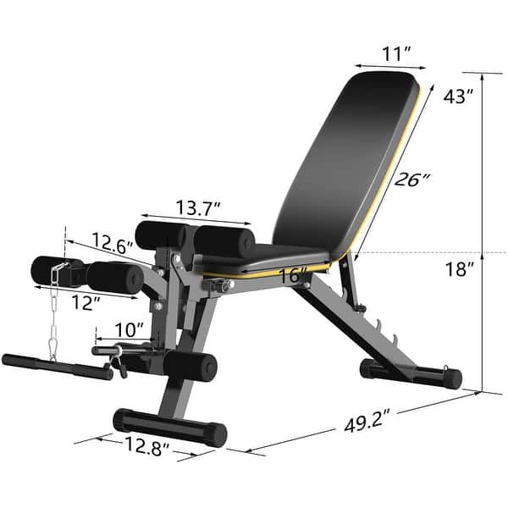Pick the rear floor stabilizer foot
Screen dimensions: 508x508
(410, 373)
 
